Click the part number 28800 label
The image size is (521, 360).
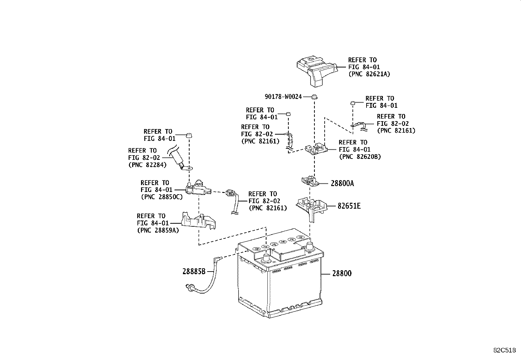(342, 273)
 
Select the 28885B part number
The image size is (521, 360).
(194, 271)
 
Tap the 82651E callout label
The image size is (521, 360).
(349, 206)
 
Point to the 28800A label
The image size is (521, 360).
(342, 183)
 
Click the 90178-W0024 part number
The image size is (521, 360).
(283, 97)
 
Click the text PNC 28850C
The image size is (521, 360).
(162, 197)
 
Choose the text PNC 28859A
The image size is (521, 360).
(158, 230)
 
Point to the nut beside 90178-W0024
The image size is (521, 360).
(314, 97)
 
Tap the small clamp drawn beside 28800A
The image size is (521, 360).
(310, 181)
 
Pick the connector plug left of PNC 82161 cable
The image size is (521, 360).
(230, 194)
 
